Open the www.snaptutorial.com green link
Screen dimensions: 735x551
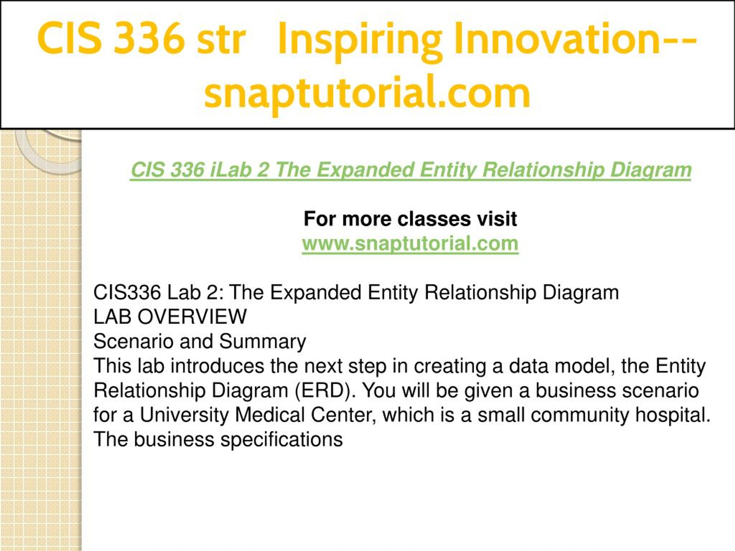click(x=410, y=244)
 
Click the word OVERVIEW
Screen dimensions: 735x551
click(x=192, y=317)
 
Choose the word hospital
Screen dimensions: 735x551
click(x=673, y=416)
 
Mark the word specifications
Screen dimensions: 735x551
click(x=282, y=440)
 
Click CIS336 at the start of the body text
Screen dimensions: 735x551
click(x=127, y=293)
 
